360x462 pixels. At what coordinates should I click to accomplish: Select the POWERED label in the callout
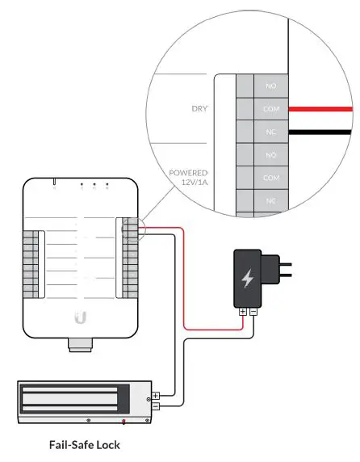point(189,173)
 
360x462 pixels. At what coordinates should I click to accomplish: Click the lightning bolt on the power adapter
point(248,279)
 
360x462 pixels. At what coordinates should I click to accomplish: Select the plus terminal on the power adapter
point(242,310)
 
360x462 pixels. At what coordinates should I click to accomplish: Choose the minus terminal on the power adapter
point(253,310)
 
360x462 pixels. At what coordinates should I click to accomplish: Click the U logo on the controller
point(80,317)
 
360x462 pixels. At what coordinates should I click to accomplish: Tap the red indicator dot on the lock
point(123,422)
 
